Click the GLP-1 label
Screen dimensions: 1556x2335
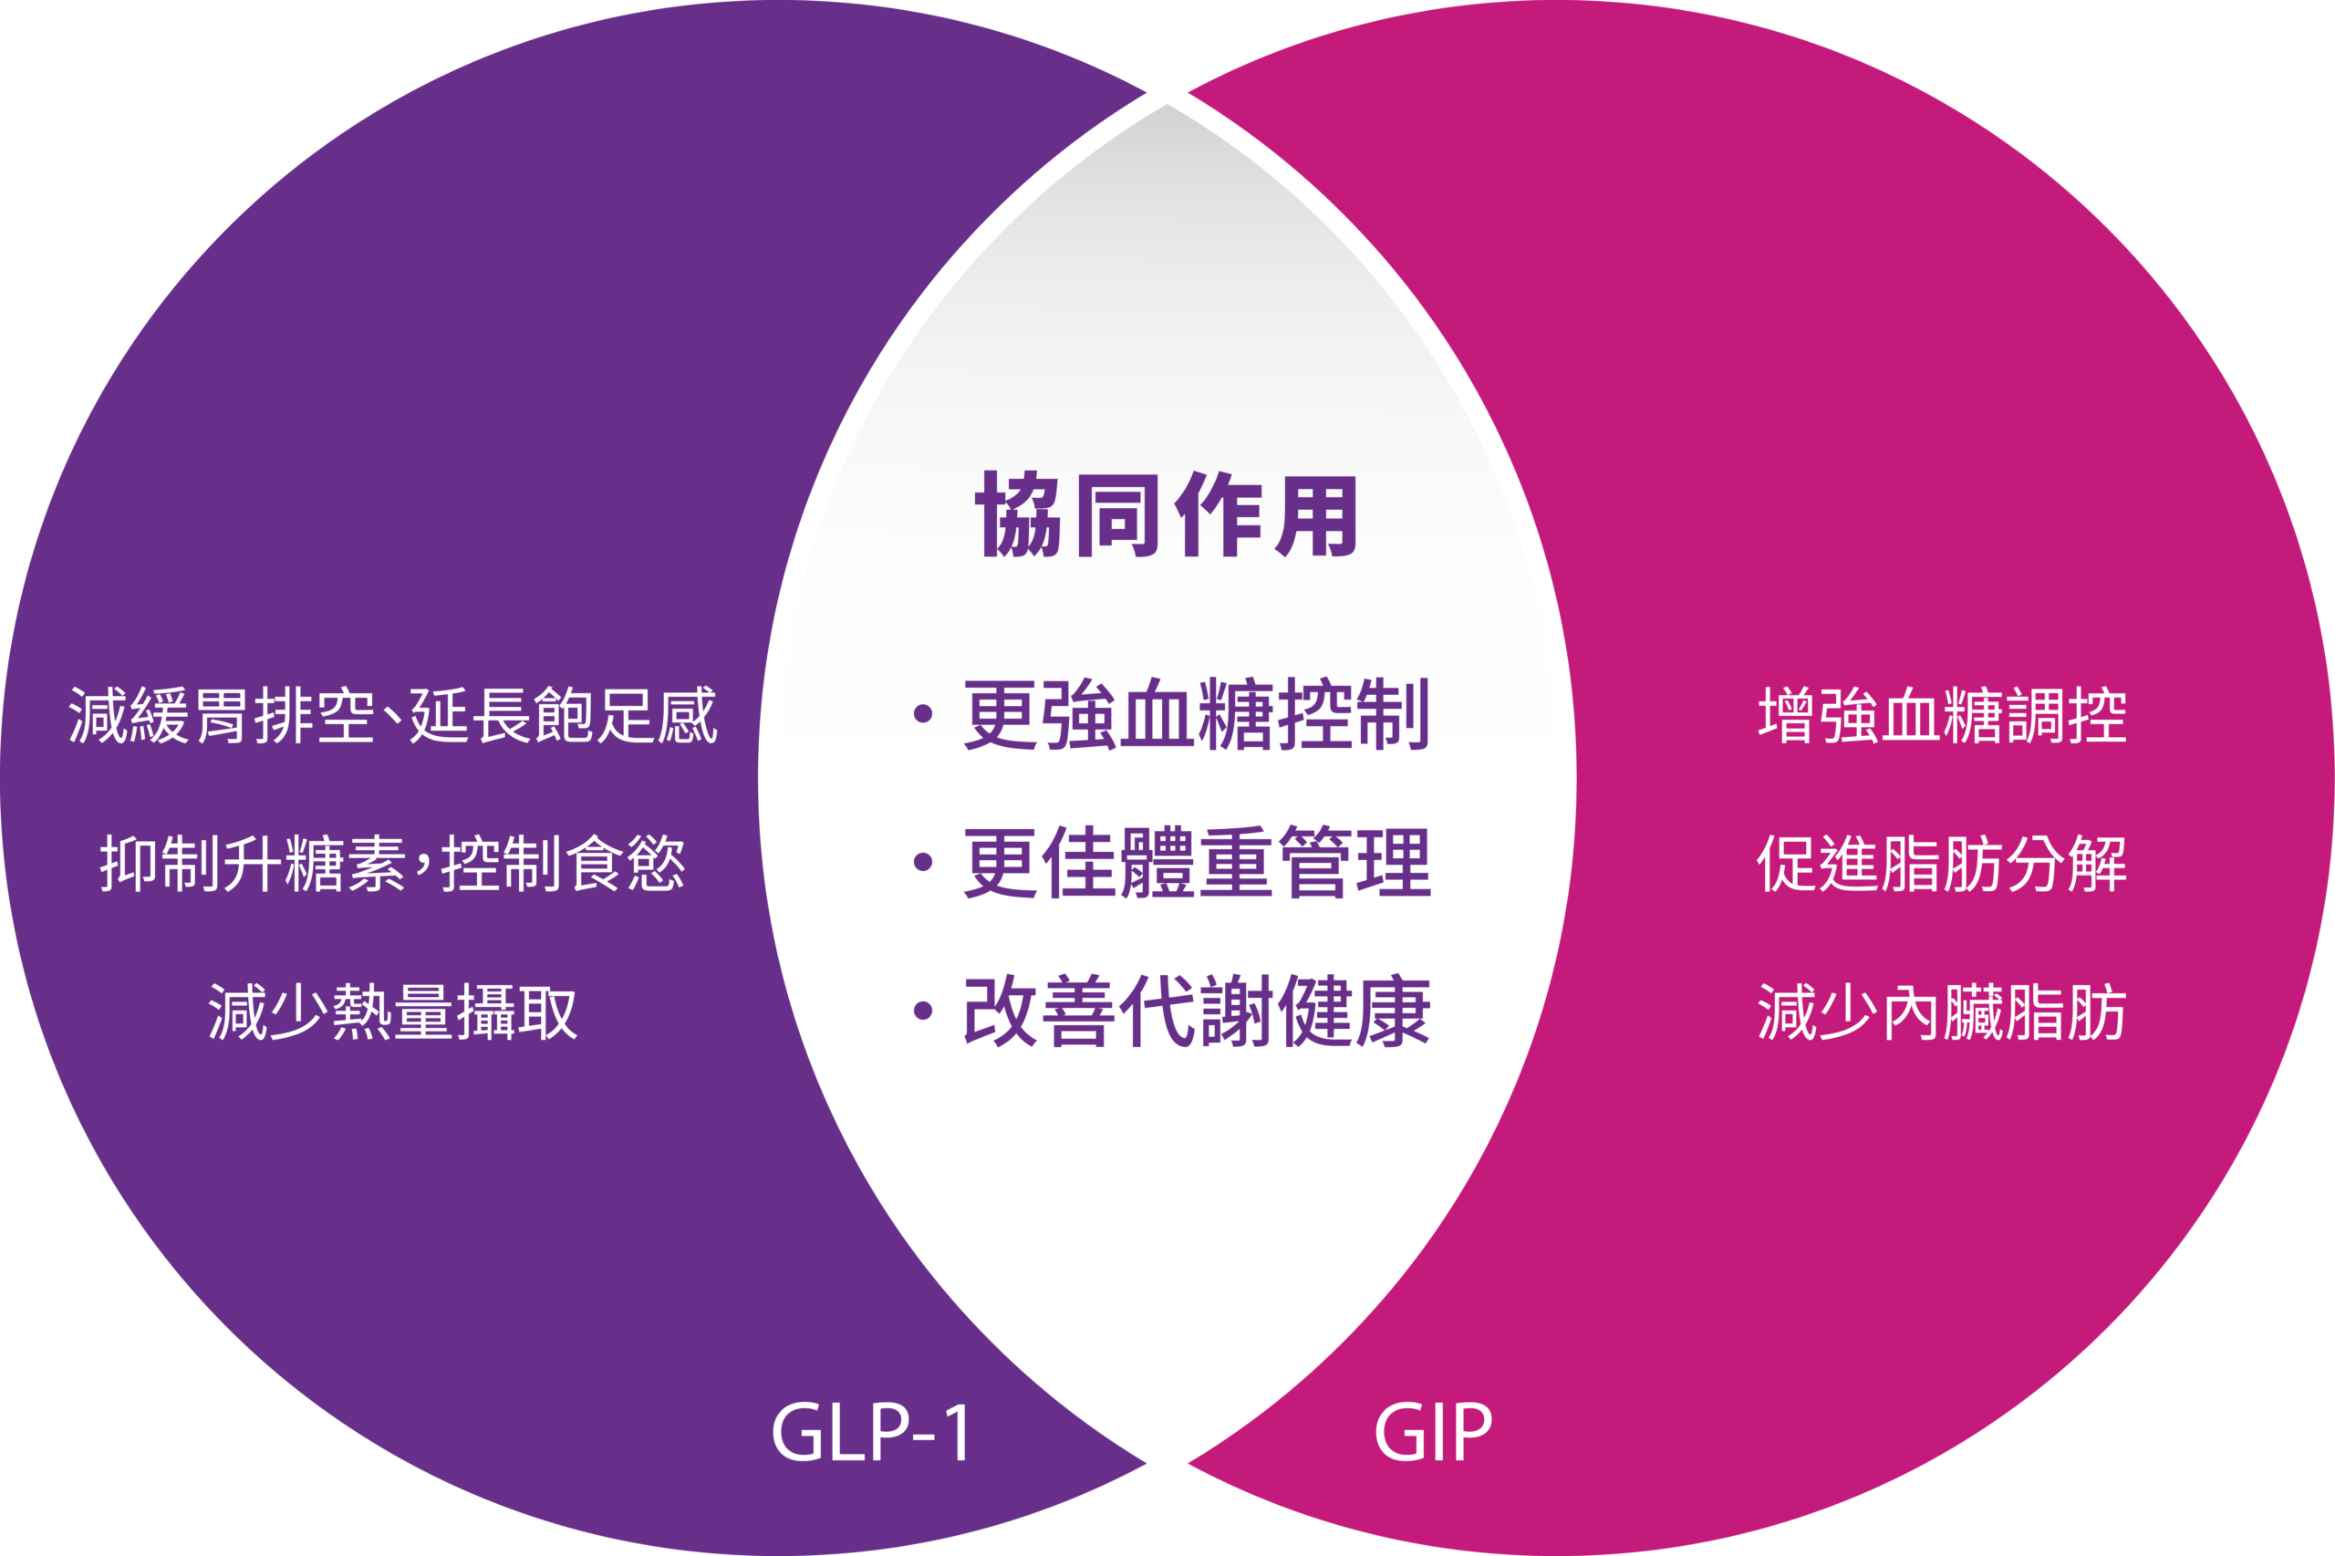point(870,1433)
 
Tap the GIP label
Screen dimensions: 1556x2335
point(1432,1432)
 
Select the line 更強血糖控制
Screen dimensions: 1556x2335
point(1196,714)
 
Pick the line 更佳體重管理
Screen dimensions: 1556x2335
point(1196,862)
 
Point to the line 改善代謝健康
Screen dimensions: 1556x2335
point(1196,1011)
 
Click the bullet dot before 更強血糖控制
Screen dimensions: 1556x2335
point(923,713)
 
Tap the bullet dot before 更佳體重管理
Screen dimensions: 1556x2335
point(923,862)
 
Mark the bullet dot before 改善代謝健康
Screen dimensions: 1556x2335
point(923,1011)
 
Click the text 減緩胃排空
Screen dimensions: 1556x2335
point(221,714)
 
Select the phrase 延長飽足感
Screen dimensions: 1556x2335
point(563,714)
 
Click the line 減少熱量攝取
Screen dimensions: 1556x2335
point(392,1012)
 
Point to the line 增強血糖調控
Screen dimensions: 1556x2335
point(1942,714)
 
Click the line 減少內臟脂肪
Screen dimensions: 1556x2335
point(1942,1012)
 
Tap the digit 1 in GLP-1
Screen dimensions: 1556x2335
point(956,1433)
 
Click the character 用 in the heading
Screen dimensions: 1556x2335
point(1316,515)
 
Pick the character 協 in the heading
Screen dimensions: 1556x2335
point(1019,515)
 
